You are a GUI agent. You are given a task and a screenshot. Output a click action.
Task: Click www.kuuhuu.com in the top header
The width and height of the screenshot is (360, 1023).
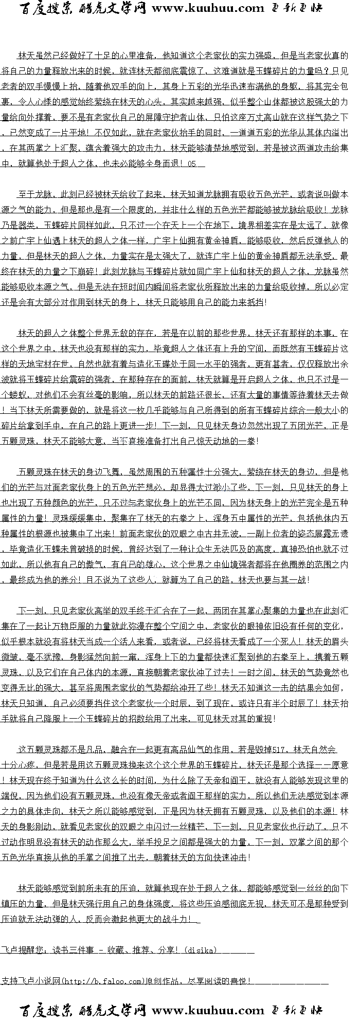click(x=208, y=8)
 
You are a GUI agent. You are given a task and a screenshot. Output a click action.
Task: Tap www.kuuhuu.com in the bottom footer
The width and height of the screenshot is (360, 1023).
click(x=208, y=1011)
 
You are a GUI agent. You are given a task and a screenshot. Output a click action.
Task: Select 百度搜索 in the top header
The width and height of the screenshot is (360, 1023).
click(x=47, y=8)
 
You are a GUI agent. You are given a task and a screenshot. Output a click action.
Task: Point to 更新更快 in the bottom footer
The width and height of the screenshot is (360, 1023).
click(x=297, y=1011)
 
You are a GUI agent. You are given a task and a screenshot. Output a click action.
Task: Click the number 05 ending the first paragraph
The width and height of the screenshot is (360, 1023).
click(x=192, y=164)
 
